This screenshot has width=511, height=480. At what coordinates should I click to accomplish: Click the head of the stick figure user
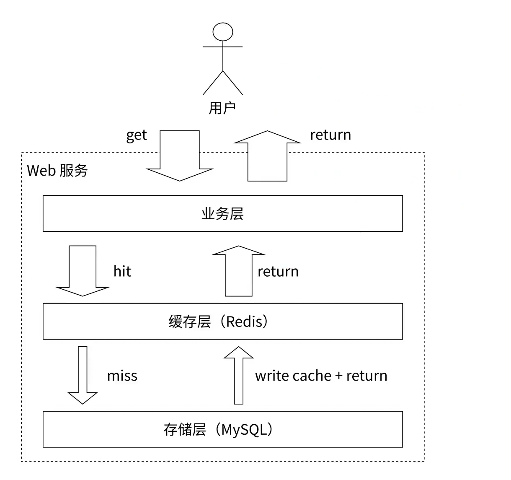click(x=222, y=32)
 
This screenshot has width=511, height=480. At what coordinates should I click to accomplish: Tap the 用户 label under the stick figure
click(x=222, y=108)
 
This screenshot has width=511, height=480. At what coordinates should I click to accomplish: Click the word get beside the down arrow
click(x=137, y=135)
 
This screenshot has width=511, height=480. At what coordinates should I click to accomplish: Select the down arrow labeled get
click(x=180, y=155)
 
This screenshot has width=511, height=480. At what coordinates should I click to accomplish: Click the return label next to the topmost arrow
click(x=330, y=135)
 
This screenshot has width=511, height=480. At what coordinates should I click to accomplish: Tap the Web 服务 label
click(x=57, y=171)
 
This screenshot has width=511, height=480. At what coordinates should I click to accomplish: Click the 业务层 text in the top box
click(x=222, y=214)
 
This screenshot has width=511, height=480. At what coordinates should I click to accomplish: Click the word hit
click(x=122, y=271)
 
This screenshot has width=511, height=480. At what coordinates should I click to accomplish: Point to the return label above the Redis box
click(x=278, y=272)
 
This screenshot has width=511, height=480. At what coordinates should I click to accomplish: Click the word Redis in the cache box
click(x=244, y=322)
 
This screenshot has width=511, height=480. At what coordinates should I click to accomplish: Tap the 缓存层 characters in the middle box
click(x=189, y=322)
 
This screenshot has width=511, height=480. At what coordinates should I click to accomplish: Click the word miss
click(x=122, y=376)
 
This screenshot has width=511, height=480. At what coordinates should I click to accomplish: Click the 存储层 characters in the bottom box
click(x=185, y=430)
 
